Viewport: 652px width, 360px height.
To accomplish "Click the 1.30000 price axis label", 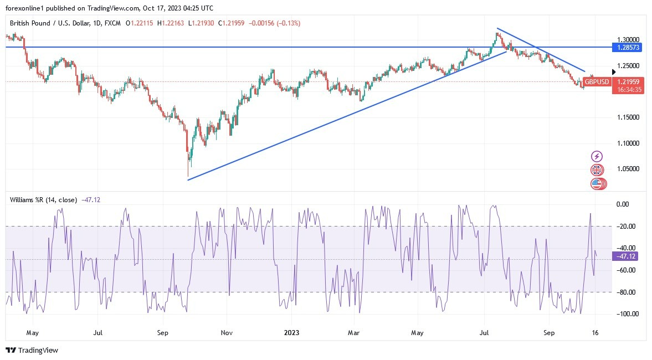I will pos(628,40).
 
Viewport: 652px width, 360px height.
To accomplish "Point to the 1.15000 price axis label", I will pos(628,117).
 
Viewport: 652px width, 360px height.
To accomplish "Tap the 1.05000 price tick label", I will pos(628,169).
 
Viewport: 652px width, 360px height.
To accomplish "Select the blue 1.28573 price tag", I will pos(628,48).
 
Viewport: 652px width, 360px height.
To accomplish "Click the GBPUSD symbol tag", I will pos(597,82).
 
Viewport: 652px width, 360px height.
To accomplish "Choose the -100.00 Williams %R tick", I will pos(628,314).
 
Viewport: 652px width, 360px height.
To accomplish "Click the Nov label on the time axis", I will pos(227,333).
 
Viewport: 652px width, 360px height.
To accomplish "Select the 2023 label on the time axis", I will pos(291,333).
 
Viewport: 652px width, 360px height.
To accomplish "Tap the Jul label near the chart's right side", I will pos(484,333).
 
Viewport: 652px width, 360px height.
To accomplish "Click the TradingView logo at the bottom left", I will pos(32,350).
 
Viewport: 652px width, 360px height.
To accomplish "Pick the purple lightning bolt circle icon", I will pos(597,157).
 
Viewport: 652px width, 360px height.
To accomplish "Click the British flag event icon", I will pos(597,170).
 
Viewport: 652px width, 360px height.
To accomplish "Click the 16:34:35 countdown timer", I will pos(628,89).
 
